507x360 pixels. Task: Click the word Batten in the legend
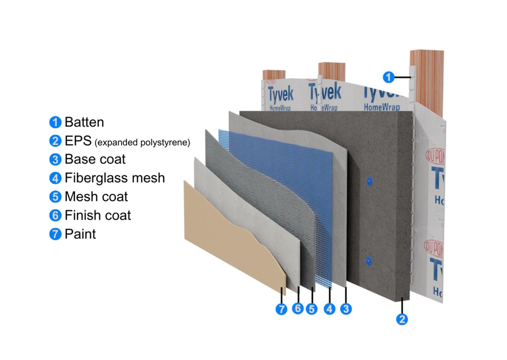point(84,122)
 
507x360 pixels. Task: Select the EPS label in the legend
point(78,141)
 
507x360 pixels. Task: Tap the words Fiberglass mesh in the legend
point(115,178)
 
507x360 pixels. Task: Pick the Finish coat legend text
point(98,215)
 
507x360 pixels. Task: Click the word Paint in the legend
point(80,234)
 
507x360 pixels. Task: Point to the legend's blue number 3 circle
point(55,160)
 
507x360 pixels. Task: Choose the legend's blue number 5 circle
point(55,197)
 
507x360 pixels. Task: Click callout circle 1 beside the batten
point(388,77)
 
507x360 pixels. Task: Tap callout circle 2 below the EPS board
point(402,319)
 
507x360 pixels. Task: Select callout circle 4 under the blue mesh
point(330,309)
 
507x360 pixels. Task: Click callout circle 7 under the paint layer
point(281,309)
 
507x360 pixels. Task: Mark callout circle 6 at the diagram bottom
point(298,308)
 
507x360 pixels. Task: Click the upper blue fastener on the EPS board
point(369,181)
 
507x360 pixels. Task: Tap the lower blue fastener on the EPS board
point(368,261)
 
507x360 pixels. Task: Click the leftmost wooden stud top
point(274,75)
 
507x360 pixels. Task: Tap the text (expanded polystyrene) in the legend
point(142,143)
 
